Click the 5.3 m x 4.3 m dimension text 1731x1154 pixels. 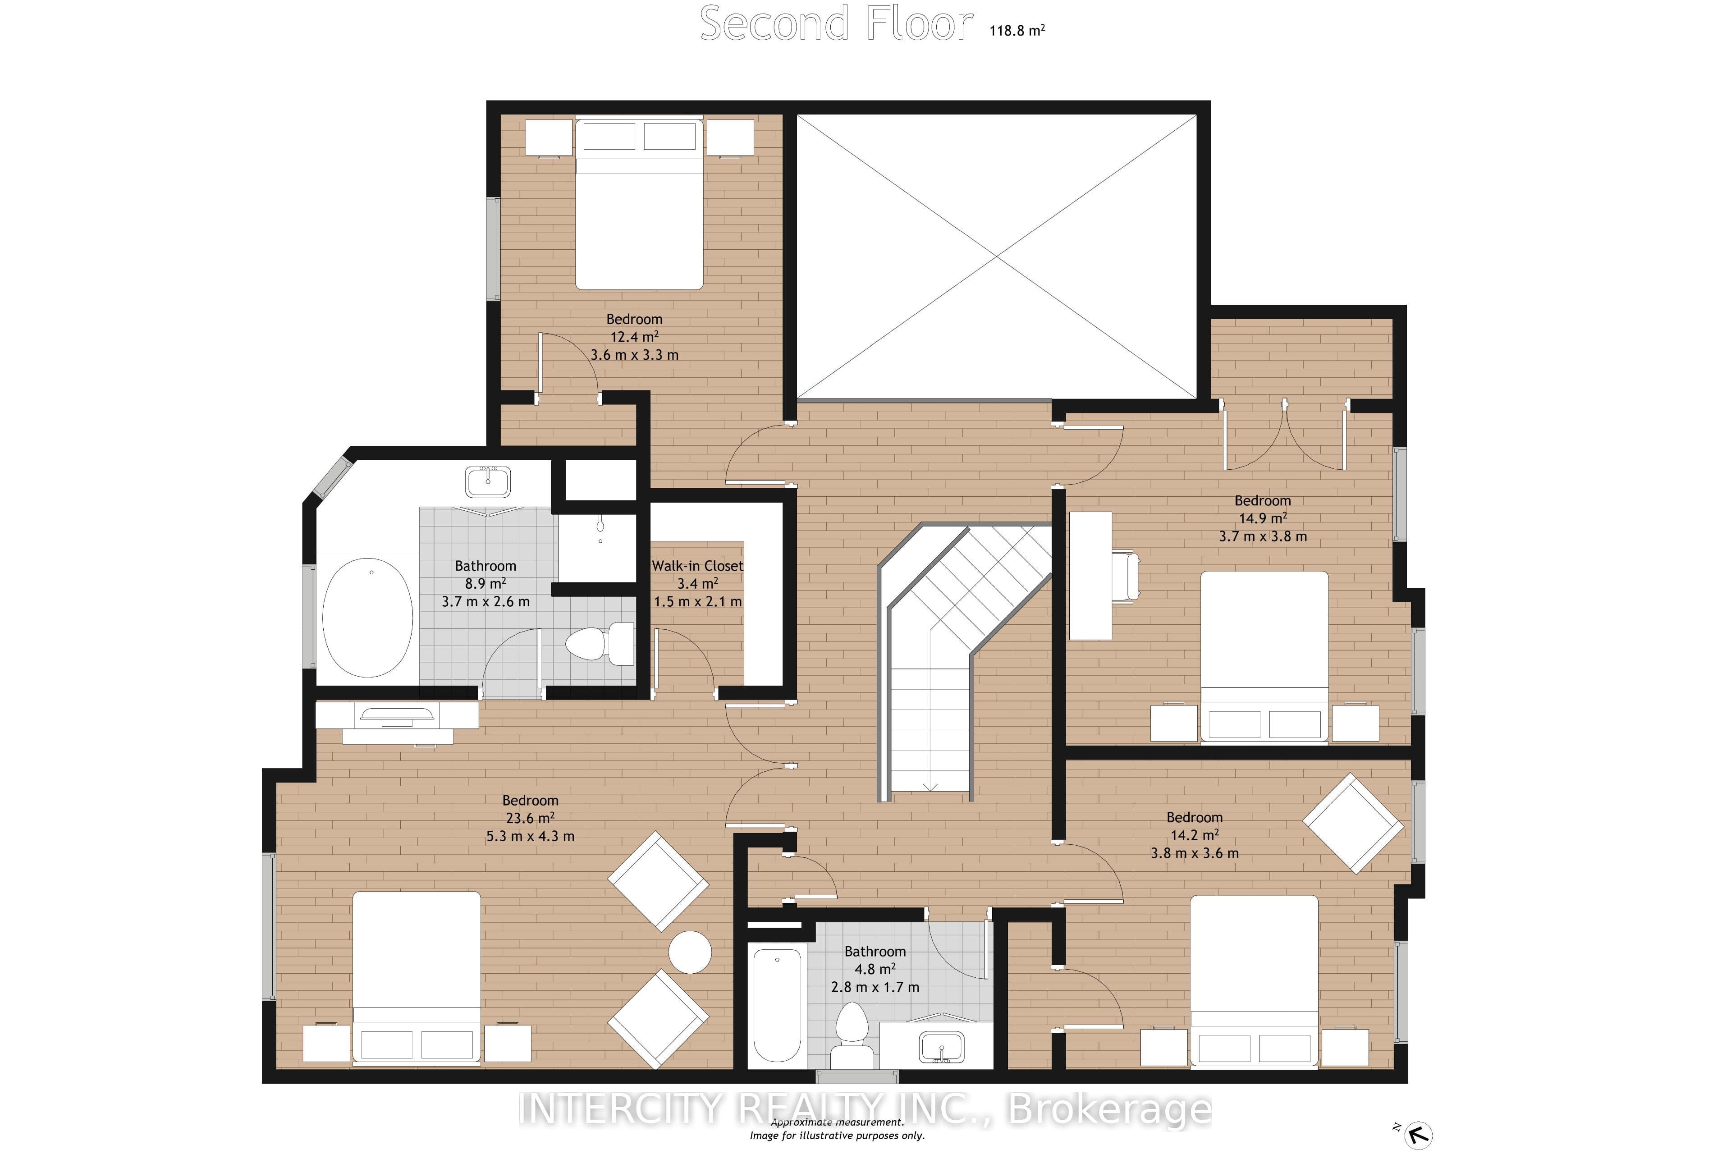pyautogui.click(x=530, y=836)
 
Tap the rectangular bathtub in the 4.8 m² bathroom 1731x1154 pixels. pyautogui.click(x=777, y=1005)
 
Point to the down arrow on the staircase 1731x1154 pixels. pyautogui.click(x=930, y=787)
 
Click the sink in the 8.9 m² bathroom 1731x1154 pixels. pyautogui.click(x=487, y=481)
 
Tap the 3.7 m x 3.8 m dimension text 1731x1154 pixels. pyautogui.click(x=1263, y=536)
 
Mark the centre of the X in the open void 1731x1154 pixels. pyautogui.click(x=997, y=256)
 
